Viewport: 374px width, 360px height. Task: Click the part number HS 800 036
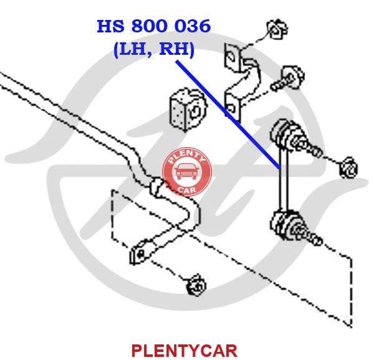[153, 26]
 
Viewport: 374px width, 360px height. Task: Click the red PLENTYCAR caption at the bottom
[184, 350]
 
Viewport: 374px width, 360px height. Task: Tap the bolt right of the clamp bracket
[290, 77]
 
